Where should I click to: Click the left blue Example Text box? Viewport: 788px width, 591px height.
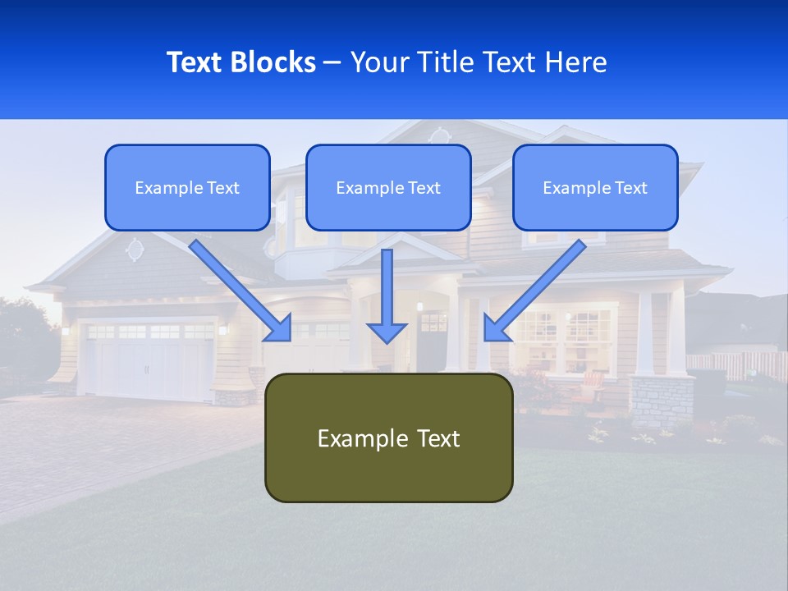187,188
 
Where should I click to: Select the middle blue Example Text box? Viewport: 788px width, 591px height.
388,188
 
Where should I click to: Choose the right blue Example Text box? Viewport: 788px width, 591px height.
595,188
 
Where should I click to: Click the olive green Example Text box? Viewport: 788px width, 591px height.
388,438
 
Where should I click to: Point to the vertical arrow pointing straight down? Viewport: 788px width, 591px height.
387,295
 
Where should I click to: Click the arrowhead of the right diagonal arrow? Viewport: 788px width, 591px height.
494,328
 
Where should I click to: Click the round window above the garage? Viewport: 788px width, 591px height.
134,249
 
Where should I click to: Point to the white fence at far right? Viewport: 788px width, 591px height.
735,365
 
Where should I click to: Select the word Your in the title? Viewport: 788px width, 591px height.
378,62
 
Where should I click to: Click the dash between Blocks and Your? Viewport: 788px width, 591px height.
332,62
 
